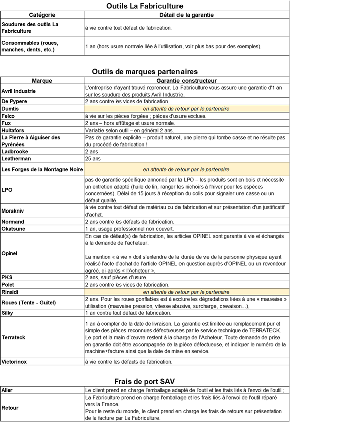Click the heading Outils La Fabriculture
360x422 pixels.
144,6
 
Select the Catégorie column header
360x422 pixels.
42,15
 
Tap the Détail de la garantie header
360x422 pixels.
186,15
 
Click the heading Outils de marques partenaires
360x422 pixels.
144,72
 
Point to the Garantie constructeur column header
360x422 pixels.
186,80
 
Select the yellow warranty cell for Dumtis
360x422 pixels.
186,109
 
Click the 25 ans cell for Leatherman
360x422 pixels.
93,158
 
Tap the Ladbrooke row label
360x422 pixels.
15,151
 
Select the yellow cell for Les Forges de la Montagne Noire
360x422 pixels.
186,169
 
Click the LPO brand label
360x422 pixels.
7,190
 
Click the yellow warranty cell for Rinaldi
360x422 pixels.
186,292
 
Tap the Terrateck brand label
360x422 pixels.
13,338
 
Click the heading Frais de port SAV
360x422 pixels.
144,381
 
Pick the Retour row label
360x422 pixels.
10,408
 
